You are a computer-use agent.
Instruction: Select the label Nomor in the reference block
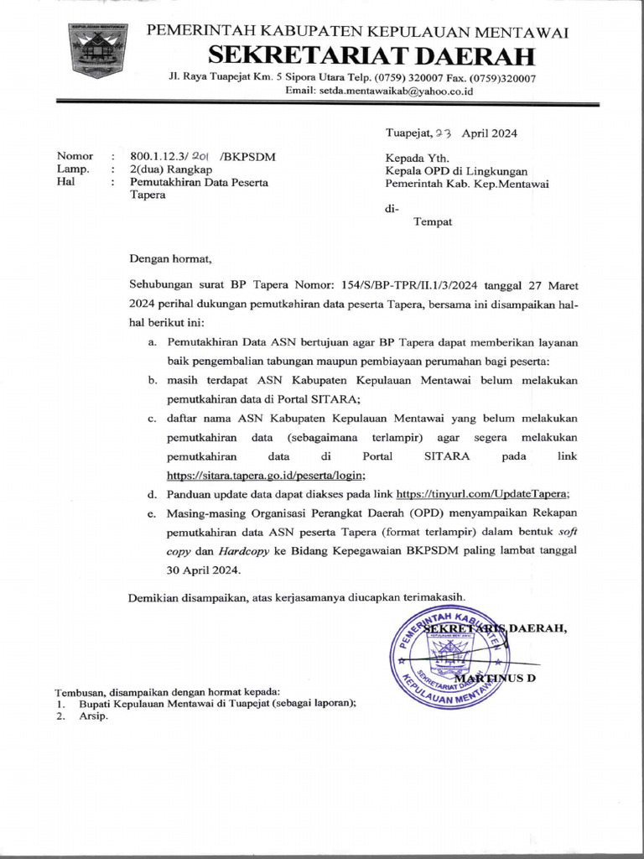(74, 156)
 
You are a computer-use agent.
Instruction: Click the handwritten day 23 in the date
(442, 133)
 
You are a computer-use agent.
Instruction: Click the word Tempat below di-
(433, 222)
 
